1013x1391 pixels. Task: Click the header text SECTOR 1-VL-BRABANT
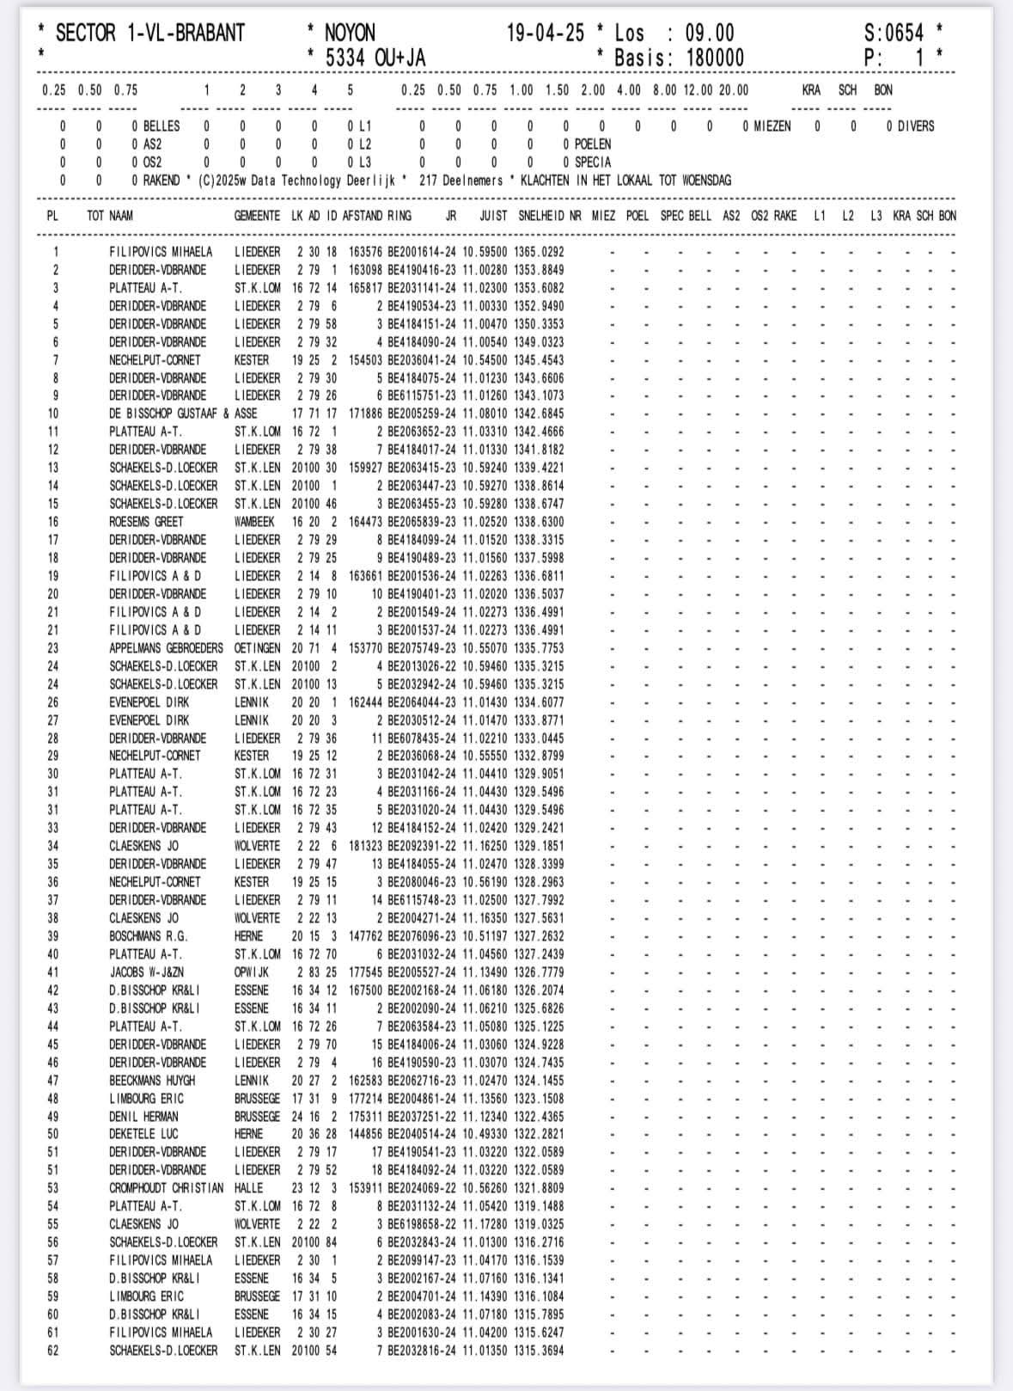point(150,34)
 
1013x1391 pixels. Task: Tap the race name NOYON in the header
point(350,34)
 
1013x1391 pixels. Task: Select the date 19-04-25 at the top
point(546,34)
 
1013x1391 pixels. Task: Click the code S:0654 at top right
point(894,34)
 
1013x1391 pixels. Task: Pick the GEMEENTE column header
point(257,216)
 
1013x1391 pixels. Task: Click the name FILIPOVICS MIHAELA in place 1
point(161,252)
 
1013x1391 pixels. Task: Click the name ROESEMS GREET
point(146,522)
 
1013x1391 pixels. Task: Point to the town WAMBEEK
point(254,522)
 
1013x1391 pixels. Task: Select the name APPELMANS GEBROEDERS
point(166,648)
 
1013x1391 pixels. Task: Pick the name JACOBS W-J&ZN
point(147,972)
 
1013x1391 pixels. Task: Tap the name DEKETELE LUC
point(143,1134)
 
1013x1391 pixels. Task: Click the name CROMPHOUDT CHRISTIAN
point(166,1188)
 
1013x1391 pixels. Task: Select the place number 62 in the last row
point(53,1351)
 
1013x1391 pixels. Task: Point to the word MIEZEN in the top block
point(766,126)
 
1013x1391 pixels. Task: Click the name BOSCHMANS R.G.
point(148,936)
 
